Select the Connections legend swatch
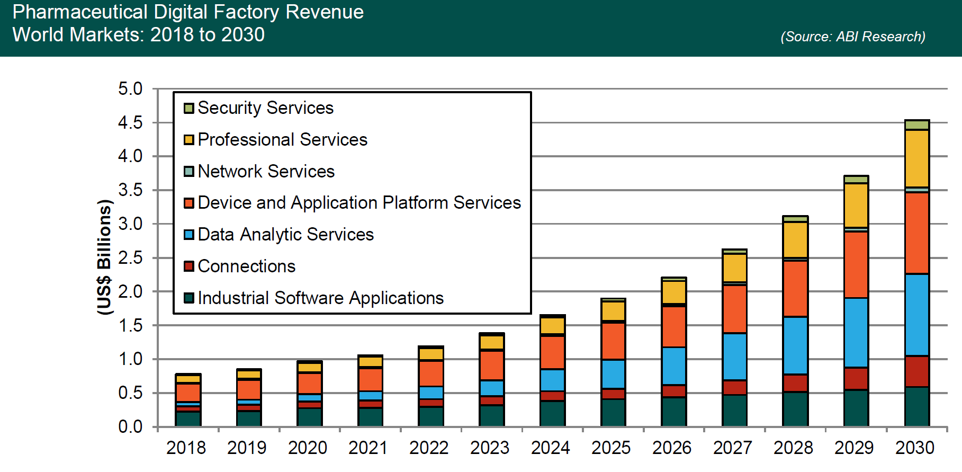point(189,266)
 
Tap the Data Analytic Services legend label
point(285,235)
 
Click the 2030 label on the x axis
point(914,448)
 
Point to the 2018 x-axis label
point(186,448)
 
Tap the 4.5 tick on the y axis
point(130,123)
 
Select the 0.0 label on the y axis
point(130,426)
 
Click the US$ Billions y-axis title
point(105,257)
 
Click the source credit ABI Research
point(852,37)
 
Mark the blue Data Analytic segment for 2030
point(916,315)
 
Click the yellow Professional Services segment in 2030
point(916,158)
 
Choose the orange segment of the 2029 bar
point(856,265)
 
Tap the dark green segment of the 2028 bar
point(795,409)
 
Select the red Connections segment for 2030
point(916,371)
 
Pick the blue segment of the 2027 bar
point(734,357)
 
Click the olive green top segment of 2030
point(916,125)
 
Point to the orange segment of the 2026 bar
point(673,327)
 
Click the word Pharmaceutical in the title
point(79,12)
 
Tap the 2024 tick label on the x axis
point(550,448)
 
